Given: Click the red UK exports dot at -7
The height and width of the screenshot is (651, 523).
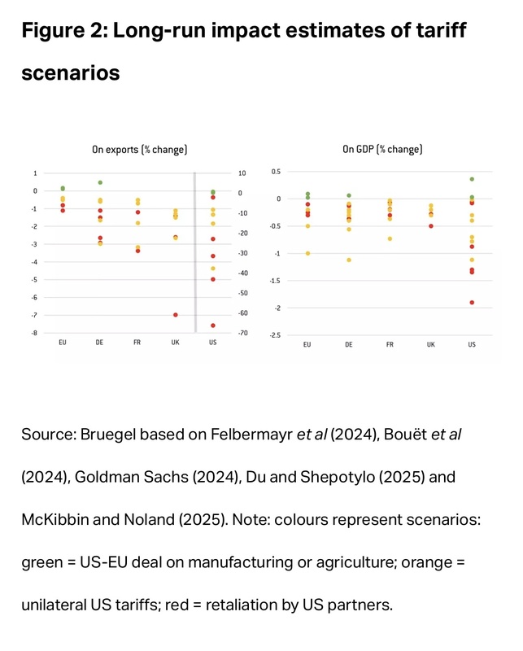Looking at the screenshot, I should [175, 314].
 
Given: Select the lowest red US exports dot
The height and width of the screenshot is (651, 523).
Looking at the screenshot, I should [213, 325].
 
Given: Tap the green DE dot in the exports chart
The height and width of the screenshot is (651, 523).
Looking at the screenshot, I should [100, 182].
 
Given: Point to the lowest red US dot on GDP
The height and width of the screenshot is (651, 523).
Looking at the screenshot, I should [472, 303].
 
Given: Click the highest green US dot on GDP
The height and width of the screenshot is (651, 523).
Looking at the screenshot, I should [472, 179].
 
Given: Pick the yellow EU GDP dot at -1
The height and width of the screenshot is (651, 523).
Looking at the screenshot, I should [307, 253].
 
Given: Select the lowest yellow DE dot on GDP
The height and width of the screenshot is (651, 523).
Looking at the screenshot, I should [349, 260].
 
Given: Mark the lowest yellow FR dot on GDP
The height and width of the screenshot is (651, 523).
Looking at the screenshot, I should [390, 238].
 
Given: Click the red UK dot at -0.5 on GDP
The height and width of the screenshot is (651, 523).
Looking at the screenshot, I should [431, 226].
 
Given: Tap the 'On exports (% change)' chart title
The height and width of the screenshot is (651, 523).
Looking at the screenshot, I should [139, 150].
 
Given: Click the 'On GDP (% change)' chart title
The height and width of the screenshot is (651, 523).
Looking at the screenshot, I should [381, 150].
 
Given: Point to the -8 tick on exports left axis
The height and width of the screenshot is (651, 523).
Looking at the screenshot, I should [34, 333].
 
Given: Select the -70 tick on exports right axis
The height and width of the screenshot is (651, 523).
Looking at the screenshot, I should [242, 333].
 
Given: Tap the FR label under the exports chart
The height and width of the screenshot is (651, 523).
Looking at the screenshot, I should [137, 343].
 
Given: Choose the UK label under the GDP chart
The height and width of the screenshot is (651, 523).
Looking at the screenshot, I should [431, 344].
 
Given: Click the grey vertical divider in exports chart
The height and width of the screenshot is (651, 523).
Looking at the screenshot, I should [194, 252].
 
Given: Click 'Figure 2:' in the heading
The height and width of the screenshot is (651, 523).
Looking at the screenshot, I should [64, 33].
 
